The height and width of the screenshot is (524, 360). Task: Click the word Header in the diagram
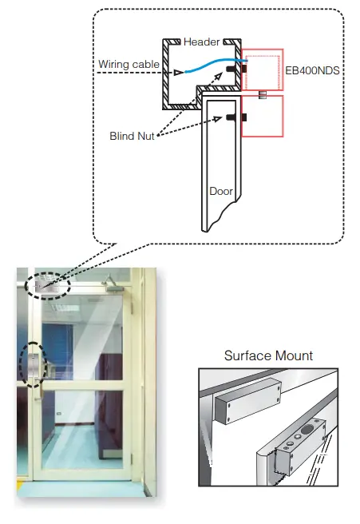[x=201, y=42]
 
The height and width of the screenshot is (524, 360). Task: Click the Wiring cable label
[x=128, y=64]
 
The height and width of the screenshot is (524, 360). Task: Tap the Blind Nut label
[x=132, y=137]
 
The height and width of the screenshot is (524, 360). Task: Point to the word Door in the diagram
[x=220, y=192]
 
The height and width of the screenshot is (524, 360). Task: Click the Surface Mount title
[x=268, y=355]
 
